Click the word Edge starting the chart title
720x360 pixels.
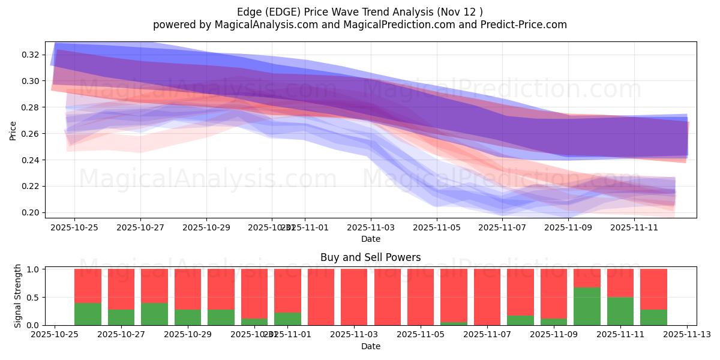(x=248, y=12)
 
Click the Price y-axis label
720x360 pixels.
(x=13, y=130)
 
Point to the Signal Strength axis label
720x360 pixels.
(x=18, y=296)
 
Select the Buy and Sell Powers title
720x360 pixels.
(x=370, y=257)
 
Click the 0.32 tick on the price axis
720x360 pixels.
(x=31, y=55)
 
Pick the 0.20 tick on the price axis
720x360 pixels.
(x=31, y=212)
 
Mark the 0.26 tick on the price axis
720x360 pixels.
(x=31, y=134)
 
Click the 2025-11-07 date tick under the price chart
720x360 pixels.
(x=503, y=227)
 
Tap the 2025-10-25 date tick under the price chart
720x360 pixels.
(x=74, y=227)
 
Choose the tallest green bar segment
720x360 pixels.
(x=587, y=306)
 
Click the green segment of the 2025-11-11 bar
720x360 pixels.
(x=620, y=311)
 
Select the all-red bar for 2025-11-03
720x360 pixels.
(x=354, y=297)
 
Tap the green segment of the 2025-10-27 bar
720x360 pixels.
(x=121, y=317)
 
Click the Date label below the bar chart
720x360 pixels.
(x=370, y=346)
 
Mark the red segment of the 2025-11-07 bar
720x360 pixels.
(x=487, y=297)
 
